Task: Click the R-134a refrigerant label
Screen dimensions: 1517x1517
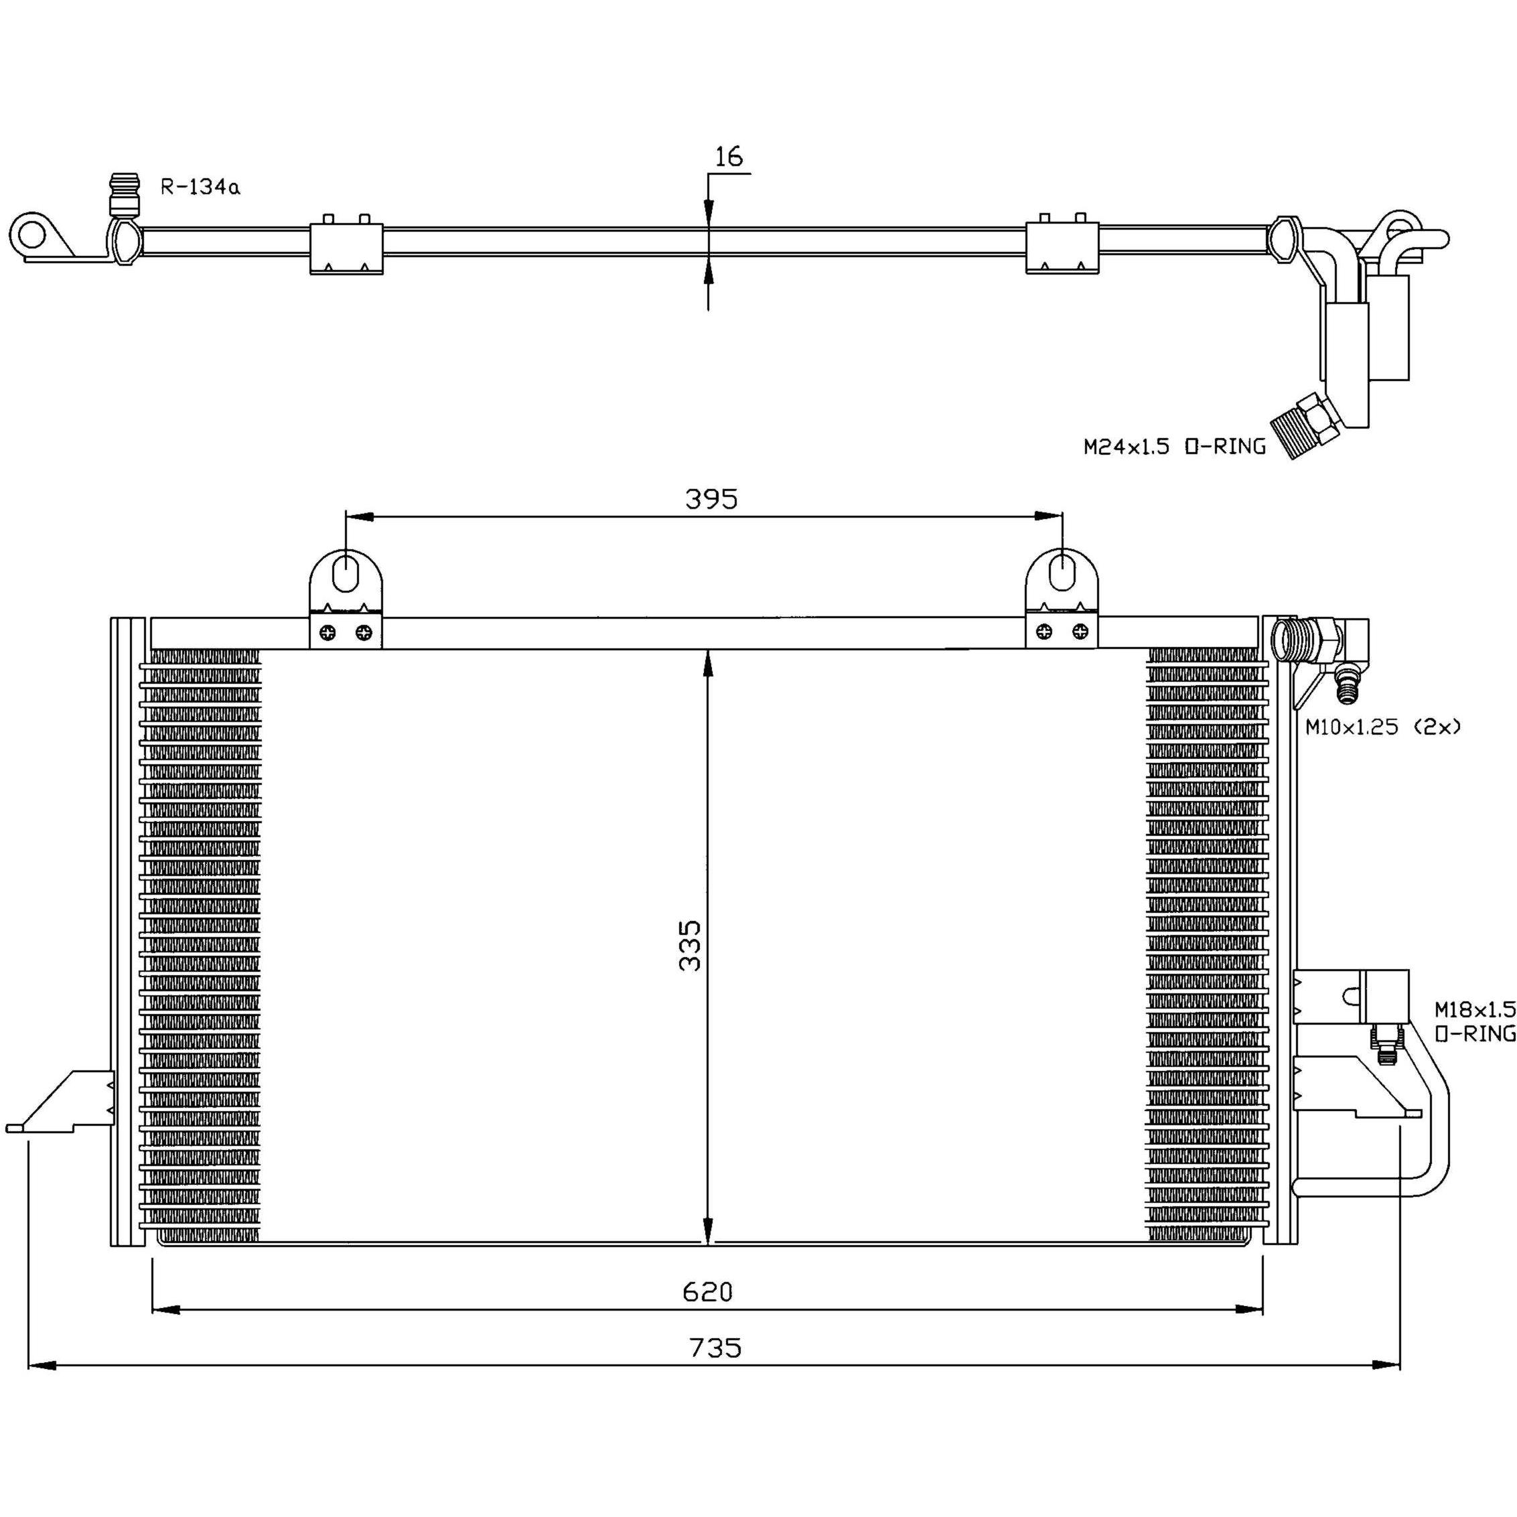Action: coord(200,187)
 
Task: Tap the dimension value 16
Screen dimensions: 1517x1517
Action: coord(729,156)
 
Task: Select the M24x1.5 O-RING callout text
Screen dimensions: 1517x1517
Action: coord(1175,447)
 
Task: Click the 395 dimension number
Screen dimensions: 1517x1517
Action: coord(711,498)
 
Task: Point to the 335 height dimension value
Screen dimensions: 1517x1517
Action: coord(689,946)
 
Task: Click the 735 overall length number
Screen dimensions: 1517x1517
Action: coord(715,1348)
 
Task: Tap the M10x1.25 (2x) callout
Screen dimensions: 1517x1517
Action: coord(1383,727)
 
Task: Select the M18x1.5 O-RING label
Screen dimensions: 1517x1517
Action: coord(1475,1021)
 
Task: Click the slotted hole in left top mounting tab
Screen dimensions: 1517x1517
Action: coord(346,573)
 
